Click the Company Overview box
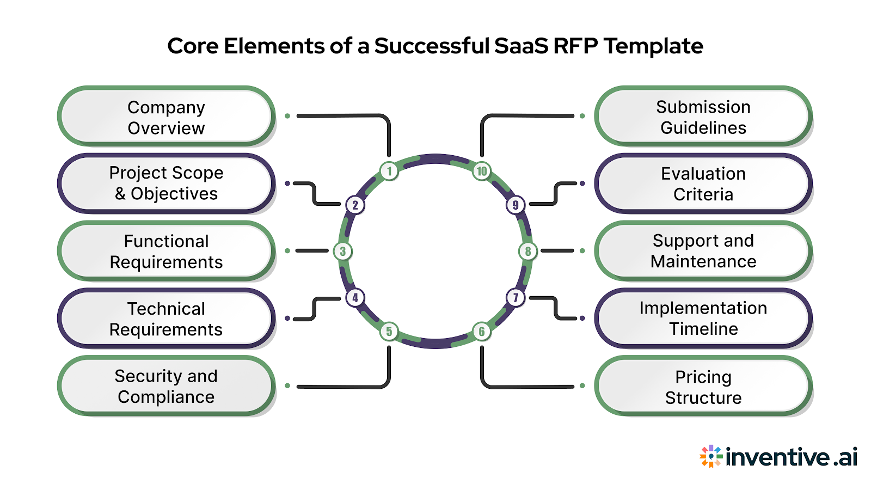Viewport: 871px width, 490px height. [166, 117]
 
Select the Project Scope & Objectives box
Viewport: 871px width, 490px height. [166, 183]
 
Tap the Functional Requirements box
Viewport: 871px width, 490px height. [166, 251]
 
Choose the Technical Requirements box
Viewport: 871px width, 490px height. [166, 318]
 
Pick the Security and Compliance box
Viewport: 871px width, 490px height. [166, 386]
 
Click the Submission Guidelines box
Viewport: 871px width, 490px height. [703, 117]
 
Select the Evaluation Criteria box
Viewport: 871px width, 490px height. [703, 183]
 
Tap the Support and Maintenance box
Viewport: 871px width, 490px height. [703, 251]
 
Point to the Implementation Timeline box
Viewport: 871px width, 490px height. [703, 318]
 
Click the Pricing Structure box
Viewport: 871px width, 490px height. [703, 387]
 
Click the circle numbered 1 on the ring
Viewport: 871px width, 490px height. [389, 171]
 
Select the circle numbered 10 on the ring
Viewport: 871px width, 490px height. [482, 171]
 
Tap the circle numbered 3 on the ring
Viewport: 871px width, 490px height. [343, 252]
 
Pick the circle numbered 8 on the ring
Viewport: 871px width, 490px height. [527, 252]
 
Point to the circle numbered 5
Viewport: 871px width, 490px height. [389, 331]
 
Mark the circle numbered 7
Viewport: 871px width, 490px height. [516, 298]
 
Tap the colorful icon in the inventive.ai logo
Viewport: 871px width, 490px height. [711, 456]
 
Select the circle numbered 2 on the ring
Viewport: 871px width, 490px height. [355, 205]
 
